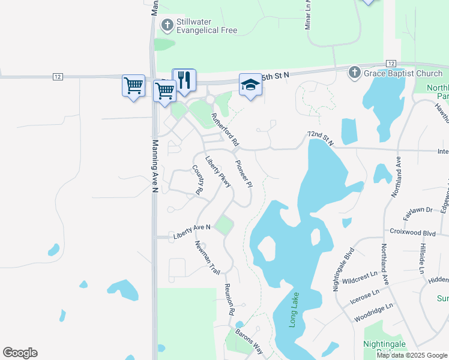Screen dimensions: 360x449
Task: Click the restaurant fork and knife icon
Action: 184,80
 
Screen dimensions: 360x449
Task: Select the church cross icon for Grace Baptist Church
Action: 355,73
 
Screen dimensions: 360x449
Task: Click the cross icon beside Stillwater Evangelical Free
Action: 167,25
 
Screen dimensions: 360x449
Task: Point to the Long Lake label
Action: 294,307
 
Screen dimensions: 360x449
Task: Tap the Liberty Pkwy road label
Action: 218,172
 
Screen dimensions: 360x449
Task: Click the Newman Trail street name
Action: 207,257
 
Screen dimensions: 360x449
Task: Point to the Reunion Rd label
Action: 229,300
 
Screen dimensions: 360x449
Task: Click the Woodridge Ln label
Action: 373,306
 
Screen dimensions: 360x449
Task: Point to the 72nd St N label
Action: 320,137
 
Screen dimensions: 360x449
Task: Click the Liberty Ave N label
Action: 192,228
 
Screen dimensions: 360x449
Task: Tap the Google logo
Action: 20,353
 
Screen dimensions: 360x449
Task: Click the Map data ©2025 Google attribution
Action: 412,355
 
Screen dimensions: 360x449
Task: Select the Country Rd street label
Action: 196,180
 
